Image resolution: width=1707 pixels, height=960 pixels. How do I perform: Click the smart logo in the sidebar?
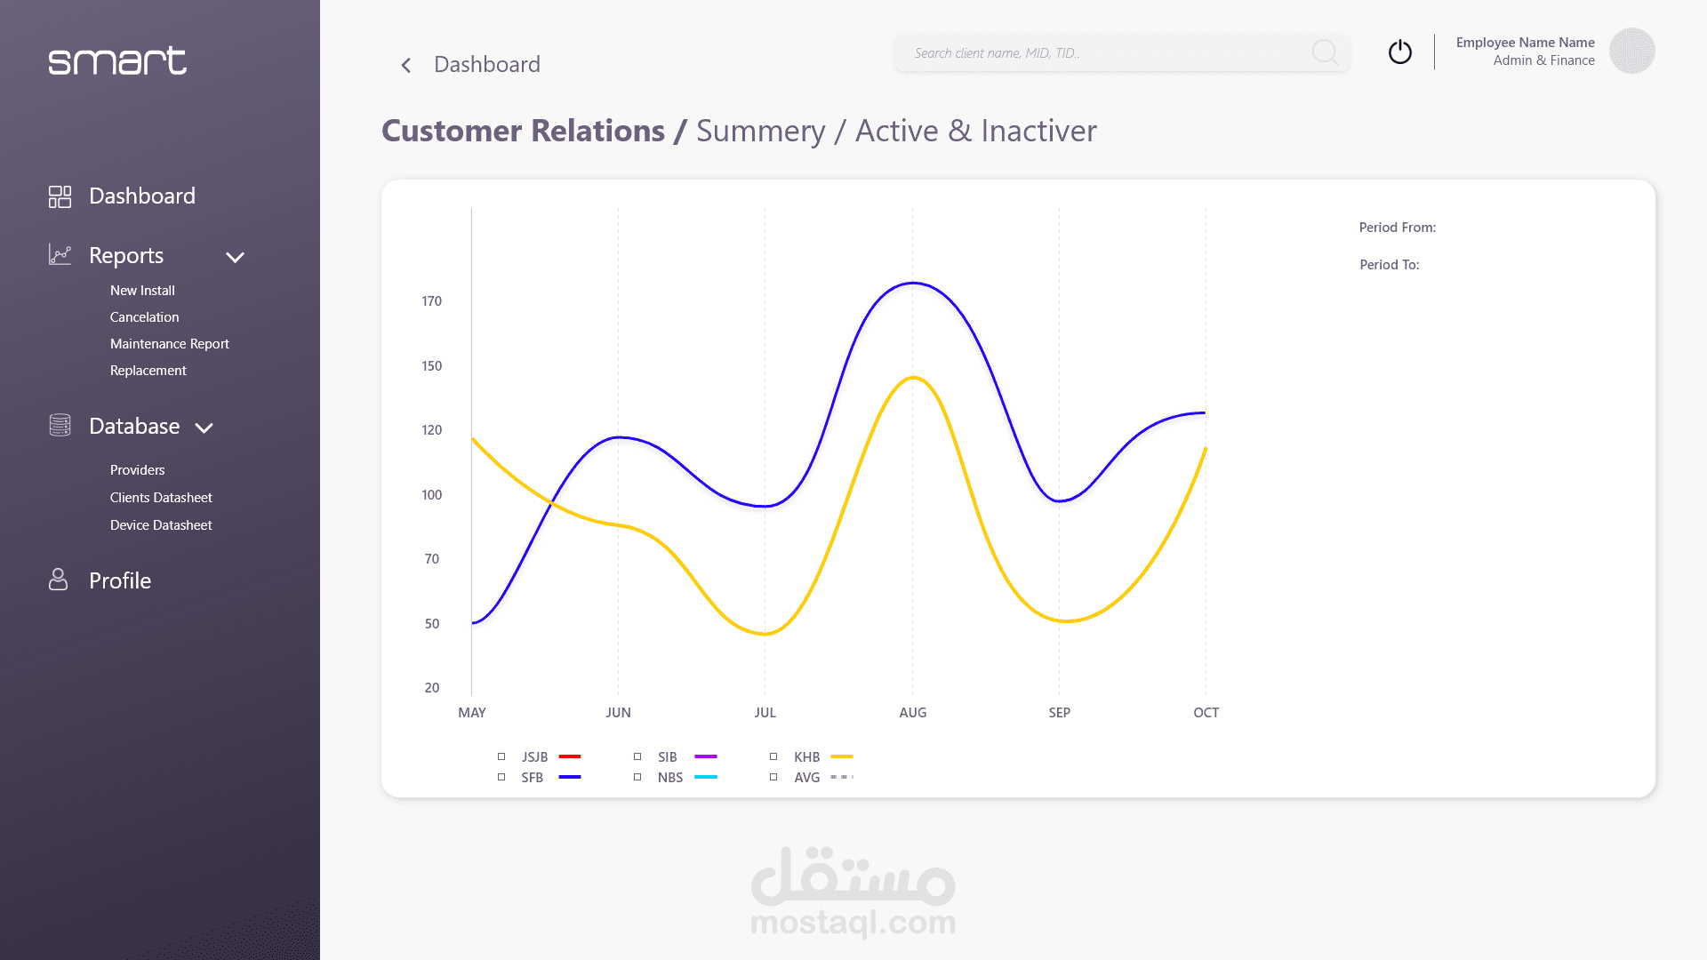click(x=117, y=60)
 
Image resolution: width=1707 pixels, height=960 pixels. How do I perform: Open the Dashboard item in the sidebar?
click(x=141, y=196)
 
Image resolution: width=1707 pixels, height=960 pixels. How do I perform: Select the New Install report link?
click(x=142, y=291)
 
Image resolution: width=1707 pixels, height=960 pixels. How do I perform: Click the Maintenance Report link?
click(x=169, y=344)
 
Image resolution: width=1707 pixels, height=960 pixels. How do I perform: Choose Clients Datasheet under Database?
click(x=161, y=498)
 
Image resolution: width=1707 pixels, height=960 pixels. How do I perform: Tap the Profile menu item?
click(x=119, y=580)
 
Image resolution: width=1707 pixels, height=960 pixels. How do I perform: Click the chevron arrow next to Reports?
click(x=235, y=258)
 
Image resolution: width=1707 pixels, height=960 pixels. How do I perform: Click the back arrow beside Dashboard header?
click(x=406, y=65)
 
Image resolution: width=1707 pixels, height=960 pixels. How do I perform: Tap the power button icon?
click(x=1400, y=52)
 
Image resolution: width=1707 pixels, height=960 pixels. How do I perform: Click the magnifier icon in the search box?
click(x=1325, y=52)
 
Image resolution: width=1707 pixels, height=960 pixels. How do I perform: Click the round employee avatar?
click(x=1631, y=51)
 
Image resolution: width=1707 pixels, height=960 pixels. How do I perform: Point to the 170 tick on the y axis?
click(x=431, y=301)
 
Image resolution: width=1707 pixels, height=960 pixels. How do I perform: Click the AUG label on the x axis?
click(x=912, y=713)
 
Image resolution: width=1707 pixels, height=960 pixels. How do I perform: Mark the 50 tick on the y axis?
click(x=431, y=624)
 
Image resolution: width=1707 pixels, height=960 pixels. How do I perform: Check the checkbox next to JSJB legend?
click(x=501, y=756)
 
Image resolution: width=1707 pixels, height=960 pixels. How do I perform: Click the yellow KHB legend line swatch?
click(x=841, y=756)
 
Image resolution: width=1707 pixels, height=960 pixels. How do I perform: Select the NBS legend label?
click(x=669, y=778)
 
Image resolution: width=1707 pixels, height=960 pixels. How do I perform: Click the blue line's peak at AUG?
click(x=913, y=284)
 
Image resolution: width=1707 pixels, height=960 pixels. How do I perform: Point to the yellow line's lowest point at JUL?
click(x=765, y=634)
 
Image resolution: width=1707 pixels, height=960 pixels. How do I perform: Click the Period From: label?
click(x=1397, y=228)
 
